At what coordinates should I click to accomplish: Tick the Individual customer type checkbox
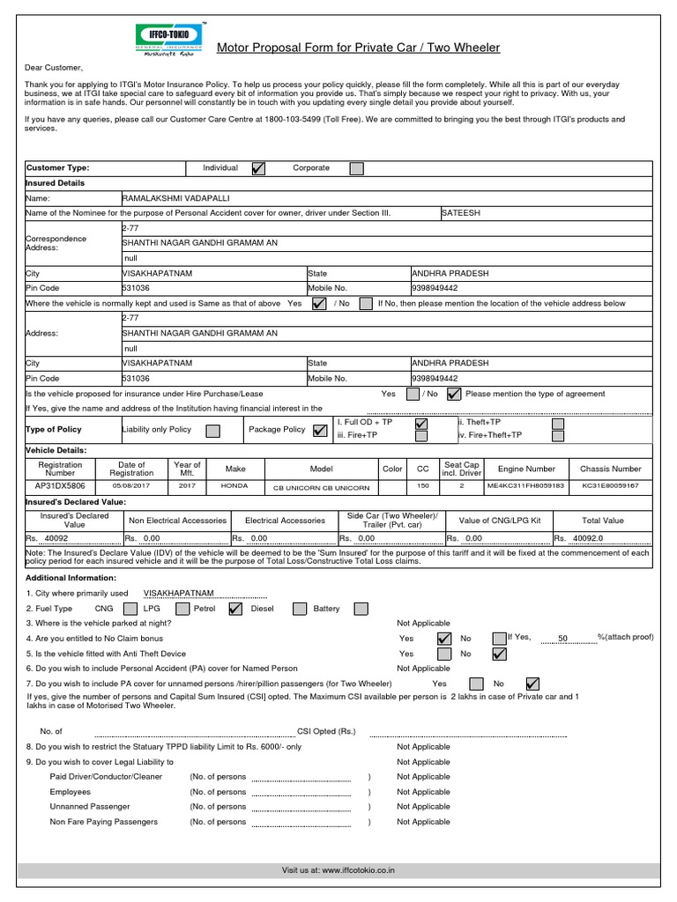(258, 168)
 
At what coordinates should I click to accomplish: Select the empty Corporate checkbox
(356, 168)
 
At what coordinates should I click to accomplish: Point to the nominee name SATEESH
(461, 213)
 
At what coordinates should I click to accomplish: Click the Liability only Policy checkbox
(212, 431)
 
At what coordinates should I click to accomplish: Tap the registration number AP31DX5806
(60, 485)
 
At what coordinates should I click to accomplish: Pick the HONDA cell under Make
(234, 485)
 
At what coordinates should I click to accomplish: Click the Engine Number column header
(526, 469)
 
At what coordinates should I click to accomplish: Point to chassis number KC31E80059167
(611, 485)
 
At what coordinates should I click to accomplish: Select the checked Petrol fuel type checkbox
(234, 609)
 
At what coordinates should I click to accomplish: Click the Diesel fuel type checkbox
(300, 609)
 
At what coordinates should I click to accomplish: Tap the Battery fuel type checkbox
(361, 609)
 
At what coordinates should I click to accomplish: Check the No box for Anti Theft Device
(499, 654)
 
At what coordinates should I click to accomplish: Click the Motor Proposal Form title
(358, 48)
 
